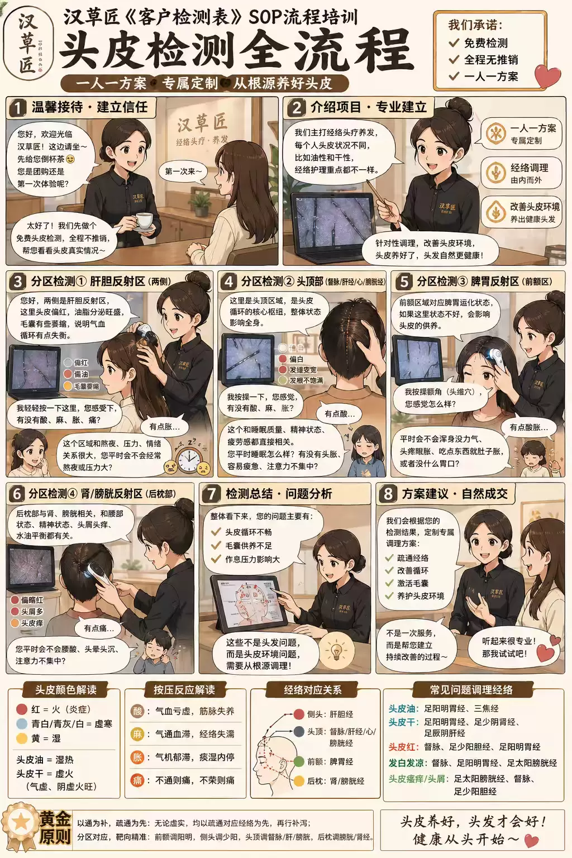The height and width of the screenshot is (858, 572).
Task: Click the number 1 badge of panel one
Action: click(18, 107)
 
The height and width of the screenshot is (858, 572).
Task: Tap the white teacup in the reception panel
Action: click(145, 221)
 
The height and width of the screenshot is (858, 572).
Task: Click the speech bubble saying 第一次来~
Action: click(183, 171)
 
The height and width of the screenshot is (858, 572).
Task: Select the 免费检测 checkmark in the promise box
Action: click(454, 42)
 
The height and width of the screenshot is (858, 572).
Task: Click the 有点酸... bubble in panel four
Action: click(340, 414)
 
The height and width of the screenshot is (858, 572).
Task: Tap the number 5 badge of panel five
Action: click(403, 282)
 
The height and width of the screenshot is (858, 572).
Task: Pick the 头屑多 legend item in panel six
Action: click(27, 611)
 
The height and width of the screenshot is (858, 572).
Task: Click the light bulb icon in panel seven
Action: click(336, 651)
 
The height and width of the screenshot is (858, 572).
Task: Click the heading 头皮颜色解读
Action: click(65, 690)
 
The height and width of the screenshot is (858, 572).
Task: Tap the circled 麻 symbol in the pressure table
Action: click(137, 734)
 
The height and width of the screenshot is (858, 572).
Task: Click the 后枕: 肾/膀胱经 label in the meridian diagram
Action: click(328, 781)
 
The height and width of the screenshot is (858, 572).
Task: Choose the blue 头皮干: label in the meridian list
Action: click(402, 722)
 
